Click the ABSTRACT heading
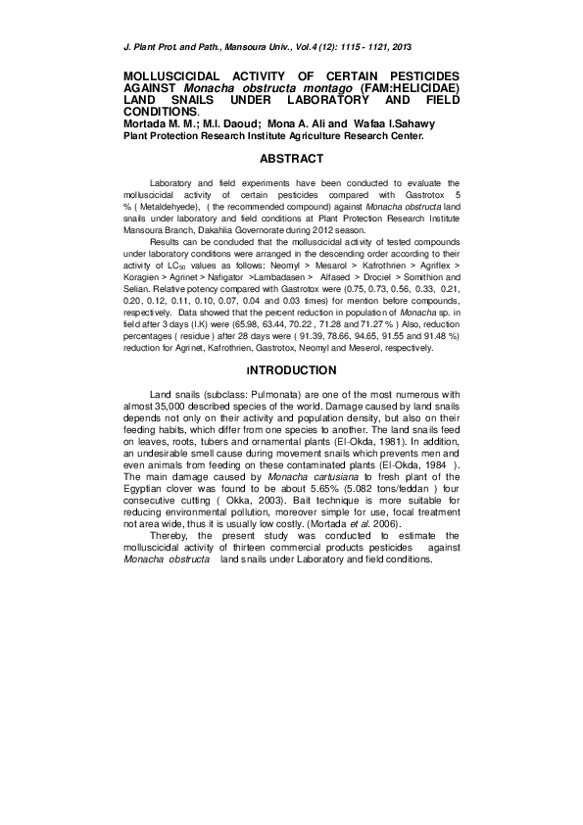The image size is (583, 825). pyautogui.click(x=291, y=158)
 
